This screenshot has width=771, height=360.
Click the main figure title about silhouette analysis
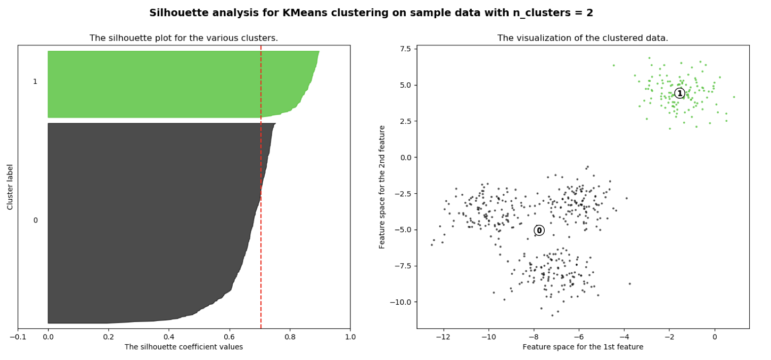click(371, 13)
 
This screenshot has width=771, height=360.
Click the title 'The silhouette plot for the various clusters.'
click(183, 38)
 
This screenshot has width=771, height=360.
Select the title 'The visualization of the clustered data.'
click(583, 38)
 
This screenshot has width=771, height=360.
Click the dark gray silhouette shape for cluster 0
click(148, 222)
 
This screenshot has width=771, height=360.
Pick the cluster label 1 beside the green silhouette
click(35, 81)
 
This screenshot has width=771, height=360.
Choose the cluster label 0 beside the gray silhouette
click(35, 220)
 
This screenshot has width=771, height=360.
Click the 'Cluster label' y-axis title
click(10, 187)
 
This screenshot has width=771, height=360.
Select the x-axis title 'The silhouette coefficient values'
click(183, 347)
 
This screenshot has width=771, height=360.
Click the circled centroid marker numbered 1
click(679, 93)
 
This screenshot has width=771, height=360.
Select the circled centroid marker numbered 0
click(539, 230)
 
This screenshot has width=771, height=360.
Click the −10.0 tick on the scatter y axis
click(402, 302)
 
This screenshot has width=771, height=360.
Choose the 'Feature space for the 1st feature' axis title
click(583, 347)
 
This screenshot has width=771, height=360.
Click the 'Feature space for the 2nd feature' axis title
click(382, 187)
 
